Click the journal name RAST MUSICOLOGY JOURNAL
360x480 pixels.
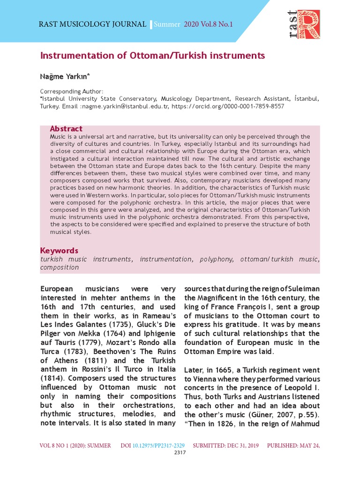pos(93,24)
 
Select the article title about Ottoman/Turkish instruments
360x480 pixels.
pos(153,56)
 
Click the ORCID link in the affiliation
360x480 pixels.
pos(228,106)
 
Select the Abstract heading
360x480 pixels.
pos(66,129)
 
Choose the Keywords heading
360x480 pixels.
pos(59,250)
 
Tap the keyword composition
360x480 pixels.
pos(60,267)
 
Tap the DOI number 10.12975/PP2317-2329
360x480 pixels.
pos(159,445)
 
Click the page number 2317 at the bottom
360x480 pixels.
pos(180,452)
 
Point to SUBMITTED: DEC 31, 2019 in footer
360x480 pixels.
pos(226,445)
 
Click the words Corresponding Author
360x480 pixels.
pos(72,91)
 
